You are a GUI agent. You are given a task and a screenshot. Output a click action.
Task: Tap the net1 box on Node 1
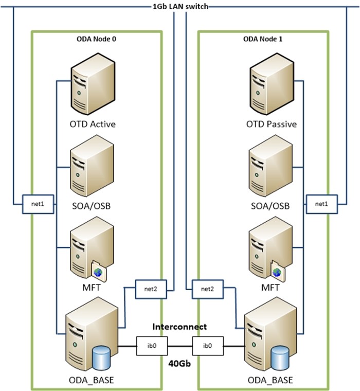pyautogui.click(x=321, y=204)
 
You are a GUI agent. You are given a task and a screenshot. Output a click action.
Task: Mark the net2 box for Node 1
pyautogui.click(x=207, y=289)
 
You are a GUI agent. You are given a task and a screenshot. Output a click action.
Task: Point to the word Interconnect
pyautogui.click(x=179, y=327)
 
